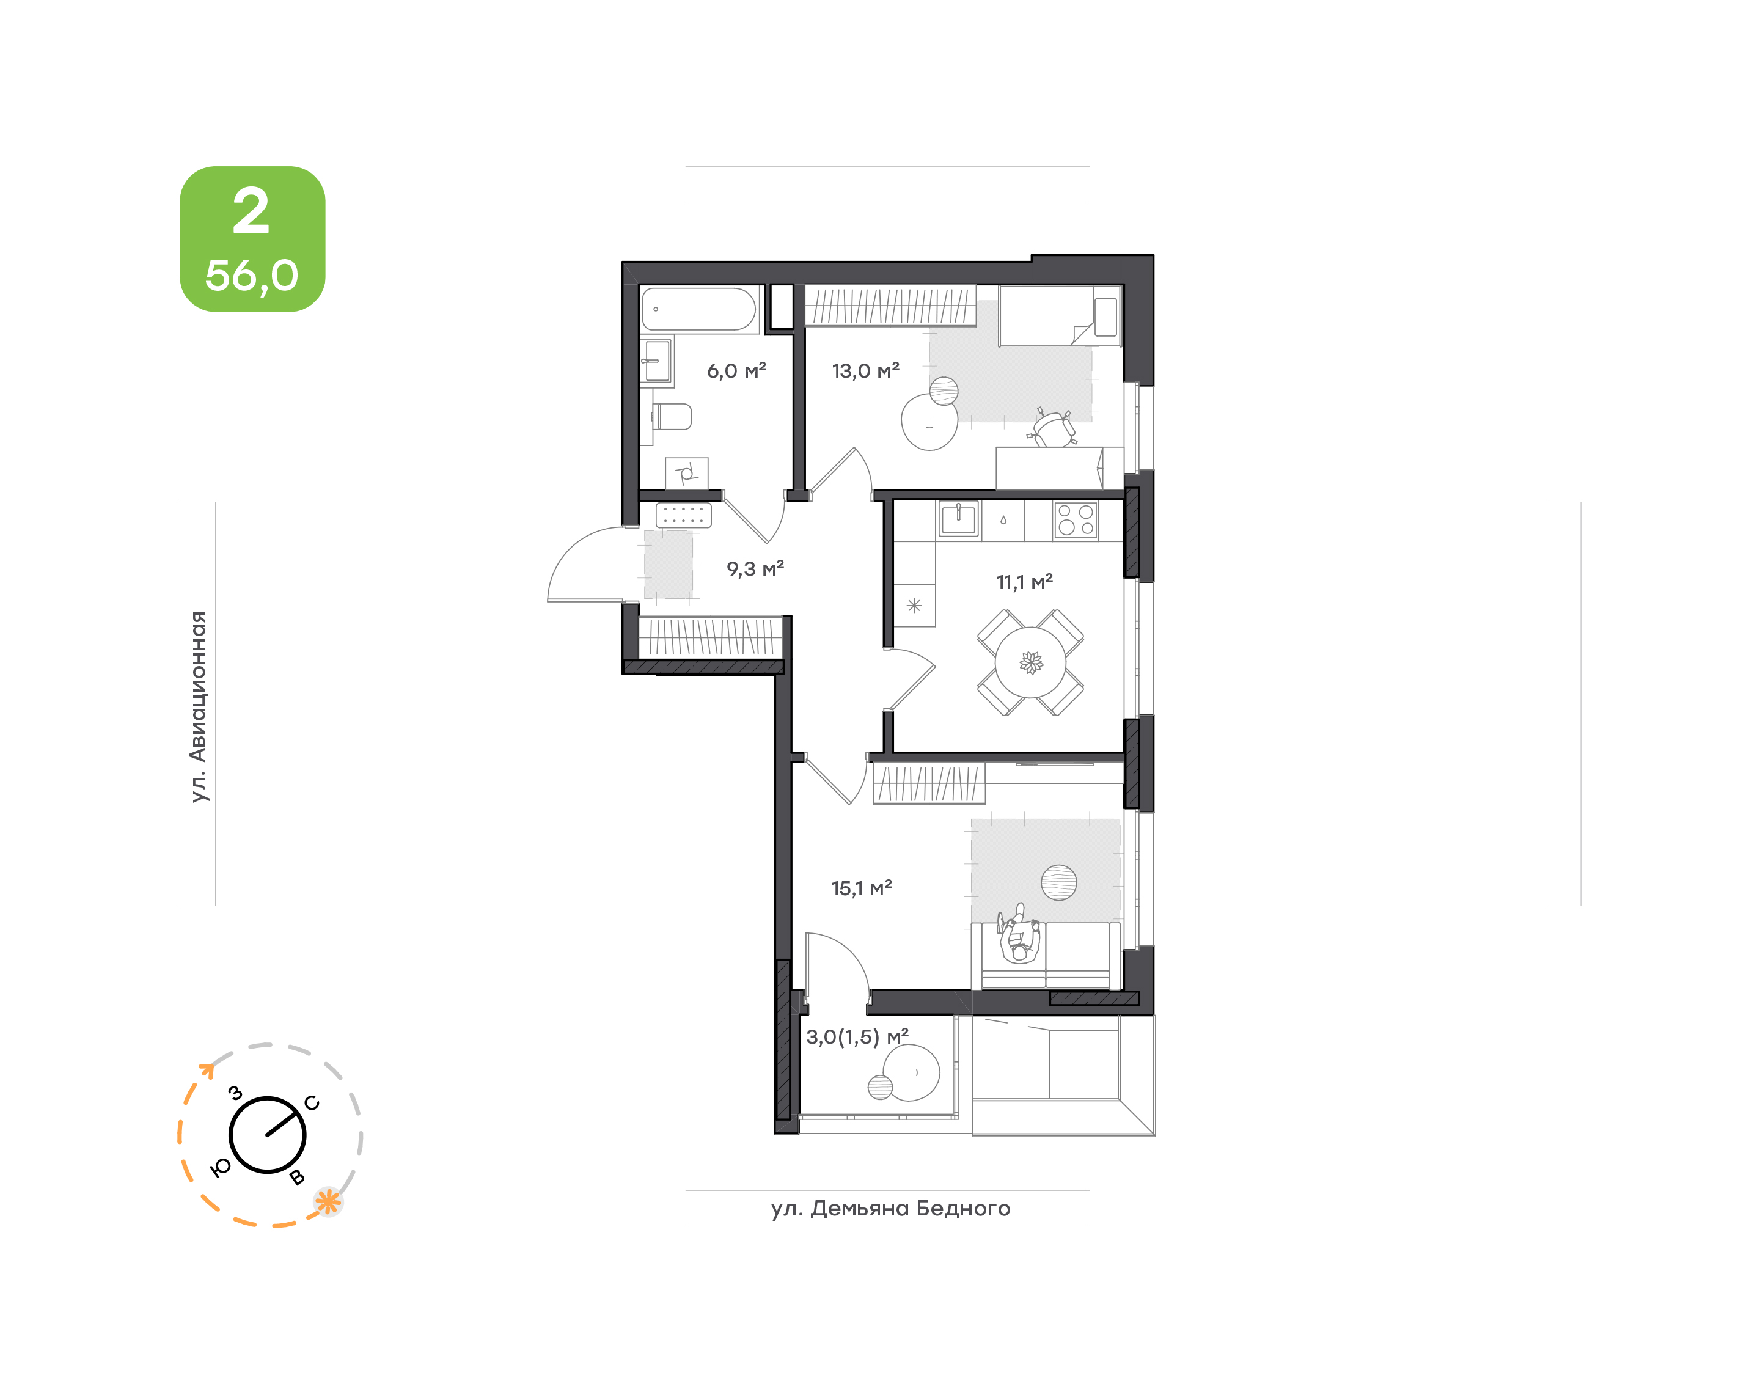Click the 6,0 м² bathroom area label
[x=736, y=371]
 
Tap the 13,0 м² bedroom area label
[x=865, y=371]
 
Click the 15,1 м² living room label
[x=861, y=888]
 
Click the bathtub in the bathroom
[x=698, y=309]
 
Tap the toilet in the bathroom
[x=671, y=417]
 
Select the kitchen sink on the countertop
[x=958, y=519]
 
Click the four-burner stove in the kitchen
[x=1075, y=520]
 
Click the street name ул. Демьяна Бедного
[x=890, y=1208]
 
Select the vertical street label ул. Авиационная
[x=198, y=706]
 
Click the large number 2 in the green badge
[x=251, y=212]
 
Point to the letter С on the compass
[x=312, y=1104]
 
